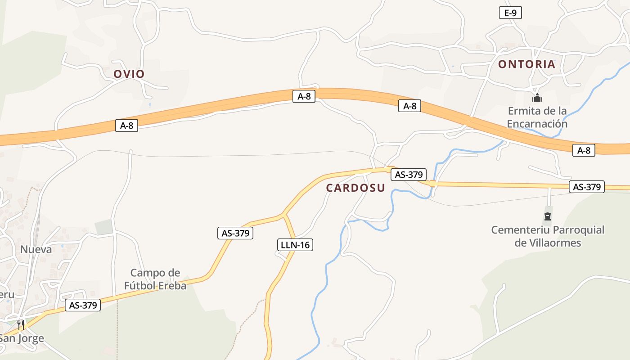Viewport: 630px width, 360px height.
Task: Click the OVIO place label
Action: point(129,74)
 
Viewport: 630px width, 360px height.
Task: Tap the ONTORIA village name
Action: point(526,64)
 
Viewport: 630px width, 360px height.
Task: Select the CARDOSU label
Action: point(355,188)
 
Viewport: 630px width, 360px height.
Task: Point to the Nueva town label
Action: point(36,249)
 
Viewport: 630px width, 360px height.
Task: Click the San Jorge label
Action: point(22,338)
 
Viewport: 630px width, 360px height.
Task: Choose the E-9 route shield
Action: point(510,13)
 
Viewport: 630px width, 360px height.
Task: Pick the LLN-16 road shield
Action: point(295,245)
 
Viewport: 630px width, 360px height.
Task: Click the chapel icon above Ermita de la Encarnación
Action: point(537,98)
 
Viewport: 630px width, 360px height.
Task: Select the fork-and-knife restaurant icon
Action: point(21,324)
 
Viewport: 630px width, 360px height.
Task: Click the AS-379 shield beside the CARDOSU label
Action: point(408,175)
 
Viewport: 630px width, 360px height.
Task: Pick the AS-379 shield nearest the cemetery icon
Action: point(586,187)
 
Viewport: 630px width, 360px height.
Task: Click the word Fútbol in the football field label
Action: point(139,285)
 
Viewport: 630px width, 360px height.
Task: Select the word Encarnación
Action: point(537,124)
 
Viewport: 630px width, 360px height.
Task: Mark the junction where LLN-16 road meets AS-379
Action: point(284,215)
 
